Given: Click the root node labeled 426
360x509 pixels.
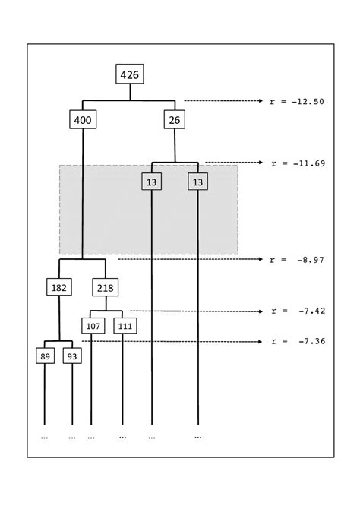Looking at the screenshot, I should click(130, 74).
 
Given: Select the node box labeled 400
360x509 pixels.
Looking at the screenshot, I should click(83, 119).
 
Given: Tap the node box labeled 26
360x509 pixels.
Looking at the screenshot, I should click(175, 119).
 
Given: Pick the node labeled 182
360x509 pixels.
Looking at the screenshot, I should click(59, 288).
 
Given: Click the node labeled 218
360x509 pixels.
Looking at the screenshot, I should click(106, 288).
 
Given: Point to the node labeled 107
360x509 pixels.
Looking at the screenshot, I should click(92, 326).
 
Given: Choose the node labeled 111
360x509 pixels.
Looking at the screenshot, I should click(124, 326).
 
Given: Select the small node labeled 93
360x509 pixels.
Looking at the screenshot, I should click(72, 356).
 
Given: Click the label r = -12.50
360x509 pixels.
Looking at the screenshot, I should click(297, 101).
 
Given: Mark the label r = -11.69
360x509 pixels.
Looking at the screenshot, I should click(297, 163).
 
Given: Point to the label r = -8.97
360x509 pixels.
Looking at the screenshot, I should click(297, 260).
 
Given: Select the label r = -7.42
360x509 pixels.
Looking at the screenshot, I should click(297, 311).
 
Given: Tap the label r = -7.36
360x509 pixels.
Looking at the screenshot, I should click(297, 342).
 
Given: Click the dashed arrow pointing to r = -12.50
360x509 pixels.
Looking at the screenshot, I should click(222, 100).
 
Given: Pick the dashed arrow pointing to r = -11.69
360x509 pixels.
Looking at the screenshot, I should click(232, 162).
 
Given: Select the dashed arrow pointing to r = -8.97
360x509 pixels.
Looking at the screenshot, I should click(190, 259).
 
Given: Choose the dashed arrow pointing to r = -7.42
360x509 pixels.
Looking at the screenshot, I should click(195, 310).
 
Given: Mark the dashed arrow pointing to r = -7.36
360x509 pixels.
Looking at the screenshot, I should click(171, 341).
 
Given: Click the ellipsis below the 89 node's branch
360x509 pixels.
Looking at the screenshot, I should click(44, 437).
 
